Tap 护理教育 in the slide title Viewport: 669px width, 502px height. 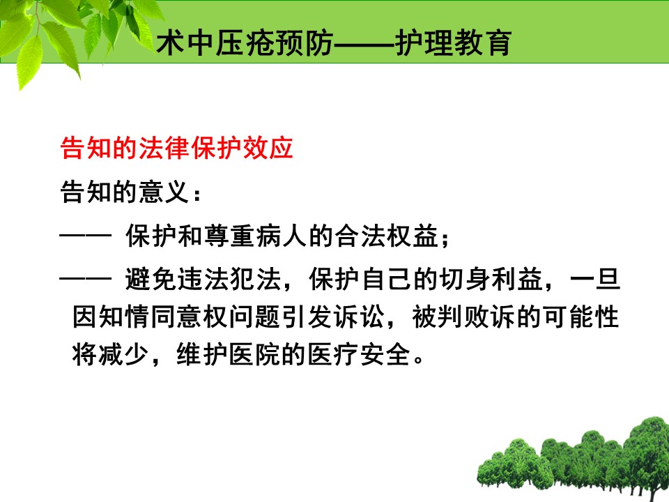[x=453, y=43]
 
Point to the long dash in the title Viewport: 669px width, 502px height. [x=364, y=43]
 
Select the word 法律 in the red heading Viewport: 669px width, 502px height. [x=164, y=148]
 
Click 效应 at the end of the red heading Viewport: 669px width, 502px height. [x=268, y=148]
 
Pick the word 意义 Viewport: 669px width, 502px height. [x=164, y=192]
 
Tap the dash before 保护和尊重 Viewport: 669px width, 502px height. [x=85, y=235]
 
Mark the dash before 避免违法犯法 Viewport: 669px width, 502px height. [x=85, y=279]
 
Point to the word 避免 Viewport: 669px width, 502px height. [x=151, y=279]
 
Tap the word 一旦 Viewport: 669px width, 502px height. [x=594, y=279]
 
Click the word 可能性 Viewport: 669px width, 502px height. [x=580, y=317]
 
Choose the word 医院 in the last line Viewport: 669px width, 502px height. [x=255, y=355]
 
